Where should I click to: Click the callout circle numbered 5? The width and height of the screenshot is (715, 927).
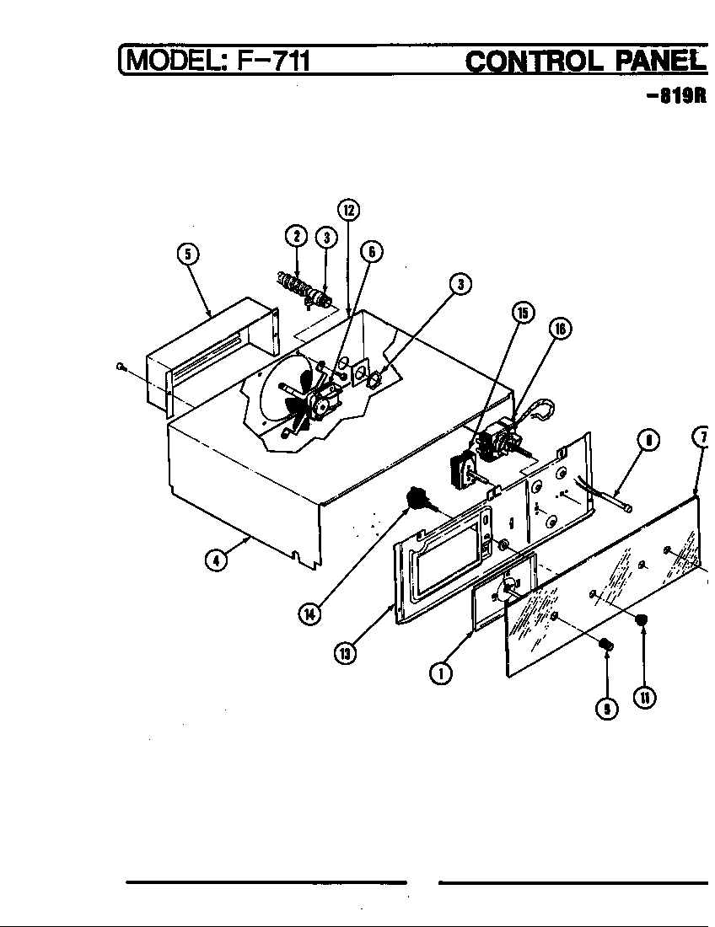pos(188,253)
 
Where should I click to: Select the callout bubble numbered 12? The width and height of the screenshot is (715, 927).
pos(347,209)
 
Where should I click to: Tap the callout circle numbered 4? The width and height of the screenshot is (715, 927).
pos(218,559)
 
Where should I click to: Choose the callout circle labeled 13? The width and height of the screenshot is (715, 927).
pos(345,652)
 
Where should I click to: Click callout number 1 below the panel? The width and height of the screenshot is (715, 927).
pos(438,672)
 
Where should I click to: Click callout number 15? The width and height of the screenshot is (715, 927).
pos(523,313)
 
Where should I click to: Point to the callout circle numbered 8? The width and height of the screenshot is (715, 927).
pos(647,439)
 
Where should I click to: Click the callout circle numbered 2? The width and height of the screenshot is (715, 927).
pos(296,237)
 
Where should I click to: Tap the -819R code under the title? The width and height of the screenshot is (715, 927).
pos(675,95)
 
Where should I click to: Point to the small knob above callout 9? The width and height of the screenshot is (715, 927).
pos(604,646)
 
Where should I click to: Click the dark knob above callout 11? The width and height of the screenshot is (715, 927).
pos(642,621)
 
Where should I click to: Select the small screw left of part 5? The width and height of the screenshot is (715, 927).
pos(121,366)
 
